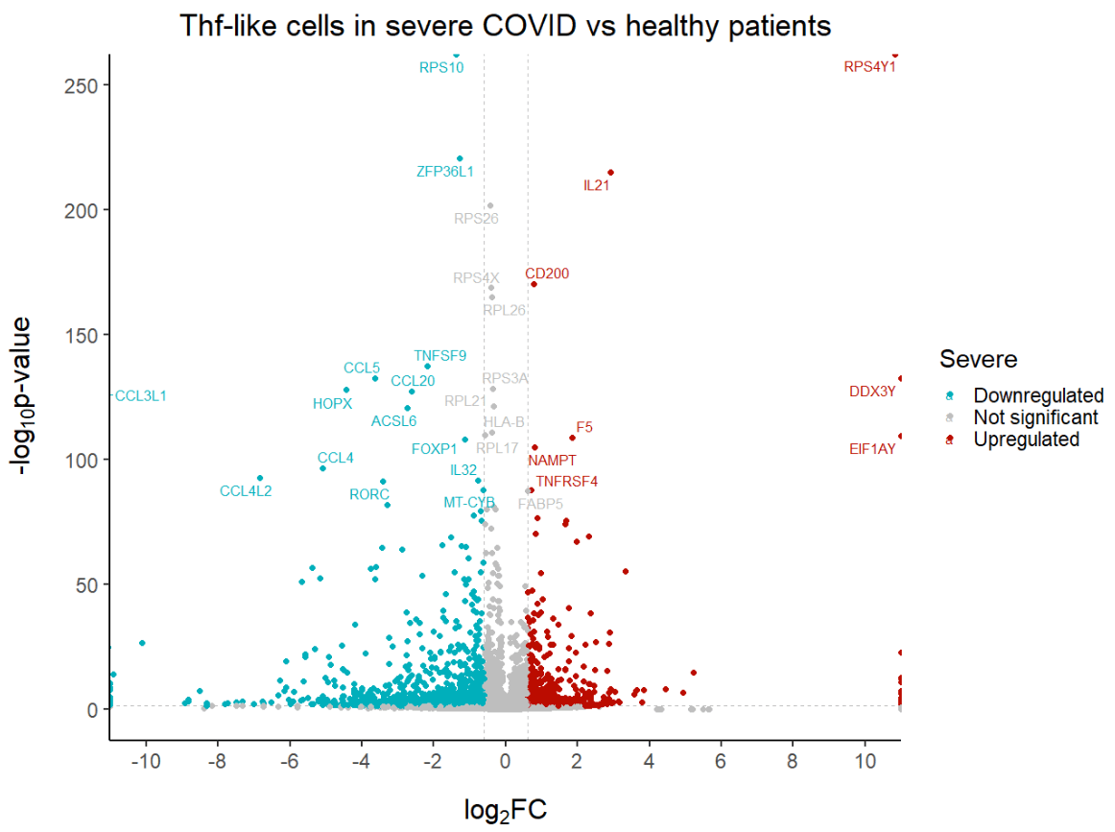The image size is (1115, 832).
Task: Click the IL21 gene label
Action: coord(596,186)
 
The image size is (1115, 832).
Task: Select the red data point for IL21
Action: coord(610,173)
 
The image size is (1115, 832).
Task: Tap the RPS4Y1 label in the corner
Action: coord(869,67)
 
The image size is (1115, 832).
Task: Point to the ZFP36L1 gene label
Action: coord(444,172)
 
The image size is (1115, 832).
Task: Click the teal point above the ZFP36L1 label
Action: coord(460,158)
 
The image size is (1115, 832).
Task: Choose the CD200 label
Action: coord(547,273)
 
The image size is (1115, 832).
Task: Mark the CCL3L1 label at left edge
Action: coord(140,395)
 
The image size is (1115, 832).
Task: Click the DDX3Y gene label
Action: coord(872,392)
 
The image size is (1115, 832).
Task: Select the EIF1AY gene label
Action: coord(872,448)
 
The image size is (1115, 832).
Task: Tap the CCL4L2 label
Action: coord(246,491)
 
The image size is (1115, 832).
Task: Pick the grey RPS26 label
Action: coord(476,219)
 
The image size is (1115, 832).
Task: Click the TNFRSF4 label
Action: coord(567,482)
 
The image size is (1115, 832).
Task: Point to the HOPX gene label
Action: coord(333,404)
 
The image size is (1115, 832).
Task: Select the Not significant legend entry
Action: coord(1035,417)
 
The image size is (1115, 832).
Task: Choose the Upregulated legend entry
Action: coord(1026,440)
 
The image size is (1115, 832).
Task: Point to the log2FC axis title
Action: coord(505,811)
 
